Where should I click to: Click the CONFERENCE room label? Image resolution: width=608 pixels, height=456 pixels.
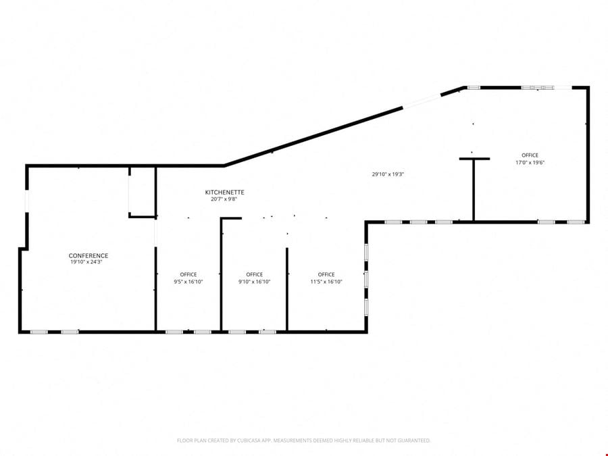(x=88, y=255)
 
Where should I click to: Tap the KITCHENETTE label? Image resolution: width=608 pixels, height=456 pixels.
(x=224, y=192)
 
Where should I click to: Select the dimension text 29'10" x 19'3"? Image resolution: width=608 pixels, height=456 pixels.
(x=388, y=174)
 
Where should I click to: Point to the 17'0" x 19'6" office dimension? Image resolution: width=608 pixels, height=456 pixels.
(x=530, y=162)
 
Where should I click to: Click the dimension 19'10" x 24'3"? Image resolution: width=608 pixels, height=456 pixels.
(x=86, y=261)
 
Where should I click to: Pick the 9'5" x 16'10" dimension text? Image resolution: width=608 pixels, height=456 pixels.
(x=188, y=282)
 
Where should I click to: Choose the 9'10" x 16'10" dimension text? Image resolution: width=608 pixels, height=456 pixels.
(x=255, y=282)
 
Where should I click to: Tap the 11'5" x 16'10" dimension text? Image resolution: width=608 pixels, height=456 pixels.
(x=326, y=282)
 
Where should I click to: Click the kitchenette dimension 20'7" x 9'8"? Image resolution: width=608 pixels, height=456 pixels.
(x=224, y=199)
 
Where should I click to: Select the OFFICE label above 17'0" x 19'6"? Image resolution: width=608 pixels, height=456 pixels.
(x=530, y=155)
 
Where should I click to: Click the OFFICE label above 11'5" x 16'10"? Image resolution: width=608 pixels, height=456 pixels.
(x=326, y=274)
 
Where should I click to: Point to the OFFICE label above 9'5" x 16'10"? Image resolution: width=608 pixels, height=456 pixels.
(x=188, y=274)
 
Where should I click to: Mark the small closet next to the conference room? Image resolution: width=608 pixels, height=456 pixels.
(x=143, y=192)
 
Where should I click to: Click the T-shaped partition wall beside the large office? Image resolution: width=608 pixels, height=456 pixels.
(x=474, y=189)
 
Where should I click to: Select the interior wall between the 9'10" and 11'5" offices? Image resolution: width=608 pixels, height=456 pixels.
(x=287, y=289)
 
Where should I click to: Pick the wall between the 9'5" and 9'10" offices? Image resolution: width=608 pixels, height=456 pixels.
(x=221, y=274)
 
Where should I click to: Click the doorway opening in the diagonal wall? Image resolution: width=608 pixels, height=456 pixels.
(x=422, y=101)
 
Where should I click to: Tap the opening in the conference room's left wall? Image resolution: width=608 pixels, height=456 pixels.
(x=27, y=201)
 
